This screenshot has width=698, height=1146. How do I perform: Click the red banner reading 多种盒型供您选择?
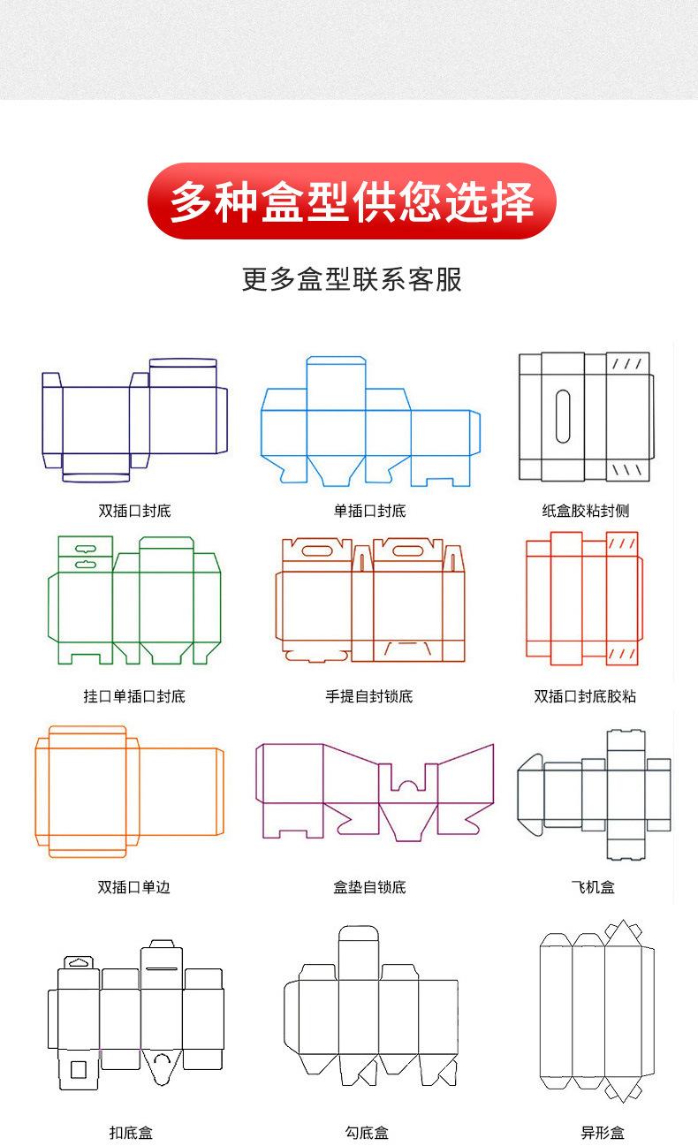[x=352, y=201]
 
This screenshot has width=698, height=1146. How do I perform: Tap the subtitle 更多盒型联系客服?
[x=352, y=279]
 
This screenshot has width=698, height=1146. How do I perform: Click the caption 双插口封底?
[x=134, y=511]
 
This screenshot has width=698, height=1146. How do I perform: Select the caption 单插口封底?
[x=369, y=511]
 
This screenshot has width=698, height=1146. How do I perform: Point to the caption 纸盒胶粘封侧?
[x=586, y=511]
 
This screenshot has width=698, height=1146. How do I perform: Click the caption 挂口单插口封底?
[x=134, y=696]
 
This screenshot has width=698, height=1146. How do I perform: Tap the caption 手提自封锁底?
[x=369, y=696]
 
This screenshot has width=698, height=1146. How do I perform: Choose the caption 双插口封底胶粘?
[x=585, y=696]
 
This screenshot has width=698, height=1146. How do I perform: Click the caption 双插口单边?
[x=134, y=887]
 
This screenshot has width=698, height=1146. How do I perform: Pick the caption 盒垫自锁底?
[x=369, y=887]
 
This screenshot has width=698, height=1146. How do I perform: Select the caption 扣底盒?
[x=132, y=1133]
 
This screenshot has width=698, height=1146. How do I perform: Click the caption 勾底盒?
[x=368, y=1133]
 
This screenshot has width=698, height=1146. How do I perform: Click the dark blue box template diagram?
[x=134, y=420]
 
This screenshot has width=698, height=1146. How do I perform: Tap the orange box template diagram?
[x=129, y=792]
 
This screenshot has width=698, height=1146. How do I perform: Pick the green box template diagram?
[x=134, y=601]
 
